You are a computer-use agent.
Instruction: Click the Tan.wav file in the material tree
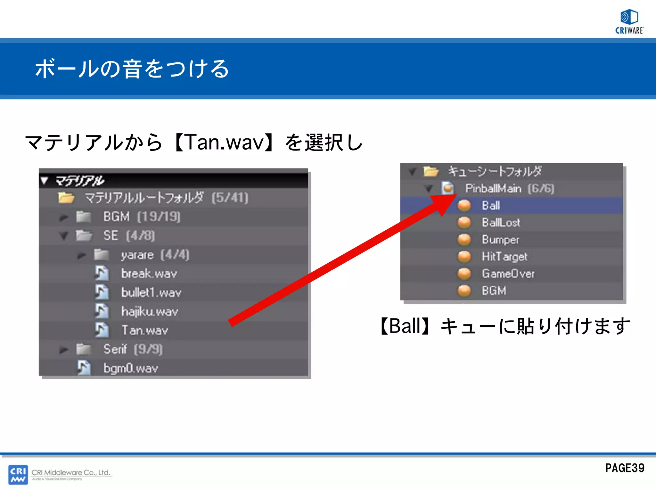[144, 330]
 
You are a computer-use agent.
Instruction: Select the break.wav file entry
[149, 274]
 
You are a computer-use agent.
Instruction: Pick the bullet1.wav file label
[151, 292]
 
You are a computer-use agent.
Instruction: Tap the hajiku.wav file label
[149, 311]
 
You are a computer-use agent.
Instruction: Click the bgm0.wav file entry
[130, 368]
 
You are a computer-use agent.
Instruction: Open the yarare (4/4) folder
[155, 255]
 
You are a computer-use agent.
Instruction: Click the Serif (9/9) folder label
[133, 349]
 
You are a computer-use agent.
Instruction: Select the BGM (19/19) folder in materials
[141, 217]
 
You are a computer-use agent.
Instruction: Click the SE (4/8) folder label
[129, 236]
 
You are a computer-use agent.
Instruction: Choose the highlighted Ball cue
[491, 205]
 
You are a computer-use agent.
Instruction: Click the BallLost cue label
[501, 222]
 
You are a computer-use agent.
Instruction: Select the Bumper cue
[500, 240]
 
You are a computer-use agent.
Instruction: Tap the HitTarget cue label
[504, 257]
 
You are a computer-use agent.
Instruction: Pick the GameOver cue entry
[508, 274]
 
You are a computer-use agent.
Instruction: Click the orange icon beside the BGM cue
[464, 291]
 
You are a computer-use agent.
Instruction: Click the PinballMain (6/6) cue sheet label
[509, 188]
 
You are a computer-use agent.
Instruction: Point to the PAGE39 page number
[625, 468]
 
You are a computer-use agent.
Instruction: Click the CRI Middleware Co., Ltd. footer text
[71, 472]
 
